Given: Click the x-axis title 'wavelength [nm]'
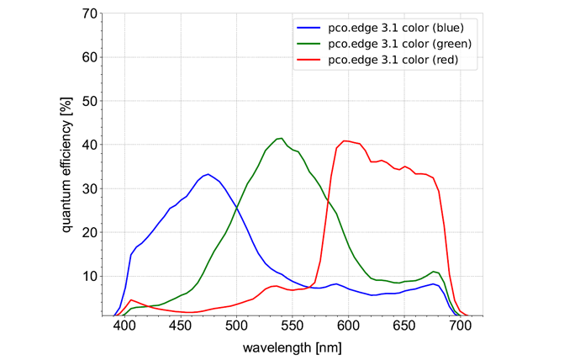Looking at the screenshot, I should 293,347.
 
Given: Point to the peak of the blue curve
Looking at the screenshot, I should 208,174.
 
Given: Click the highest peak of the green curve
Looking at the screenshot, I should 282,138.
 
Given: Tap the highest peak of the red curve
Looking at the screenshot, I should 344,140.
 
